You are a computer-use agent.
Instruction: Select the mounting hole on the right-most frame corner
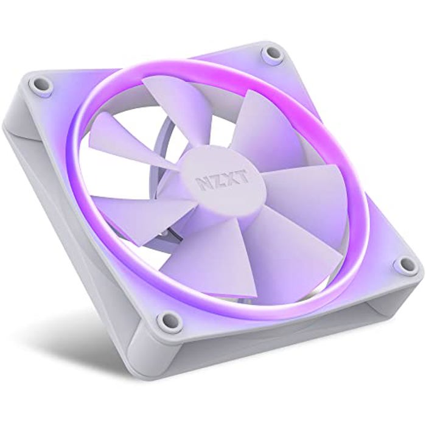point(402,263)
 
